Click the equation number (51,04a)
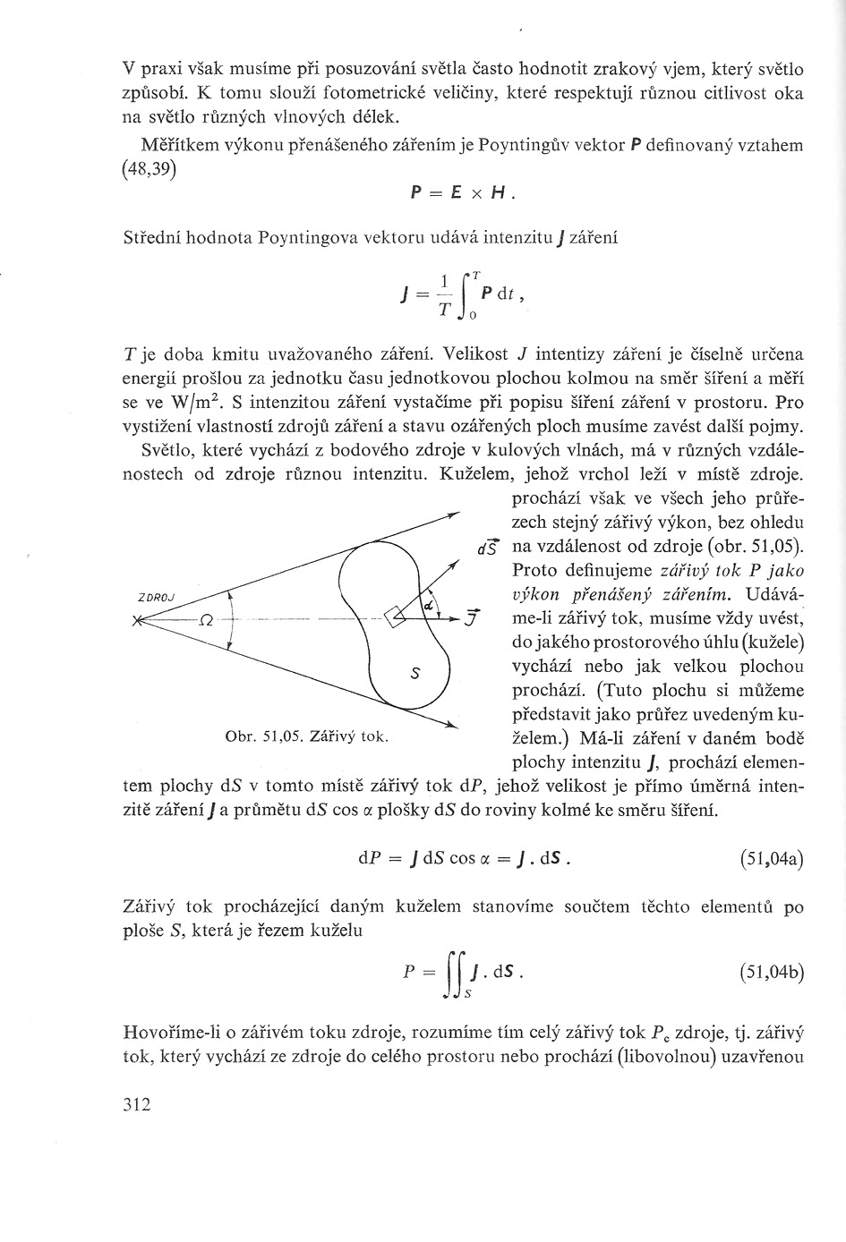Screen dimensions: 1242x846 coord(772,860)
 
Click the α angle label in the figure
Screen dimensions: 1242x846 coord(429,607)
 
